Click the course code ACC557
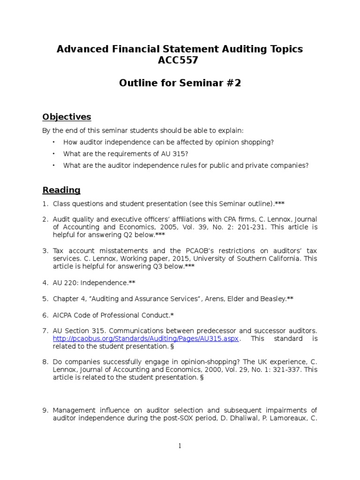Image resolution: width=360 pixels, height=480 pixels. coord(180,61)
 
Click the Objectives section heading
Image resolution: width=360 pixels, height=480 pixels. coord(67,117)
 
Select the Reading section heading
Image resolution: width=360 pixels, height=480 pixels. coord(61,190)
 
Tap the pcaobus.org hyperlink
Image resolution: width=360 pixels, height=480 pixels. coord(146,338)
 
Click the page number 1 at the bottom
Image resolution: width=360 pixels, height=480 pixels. coord(180,446)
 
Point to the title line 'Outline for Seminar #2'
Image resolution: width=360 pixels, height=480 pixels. coord(180,83)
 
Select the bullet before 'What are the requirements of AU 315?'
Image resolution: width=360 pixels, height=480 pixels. coord(53,154)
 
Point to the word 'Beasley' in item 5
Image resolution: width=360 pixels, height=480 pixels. coord(270,299)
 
